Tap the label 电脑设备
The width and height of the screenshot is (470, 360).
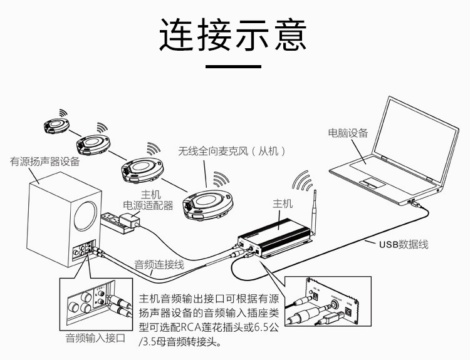pos(348,133)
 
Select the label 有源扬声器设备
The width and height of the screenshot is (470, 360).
pos(44,162)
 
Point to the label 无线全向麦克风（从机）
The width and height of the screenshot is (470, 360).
pos(232,151)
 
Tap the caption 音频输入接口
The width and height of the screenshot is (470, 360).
pos(95,339)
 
